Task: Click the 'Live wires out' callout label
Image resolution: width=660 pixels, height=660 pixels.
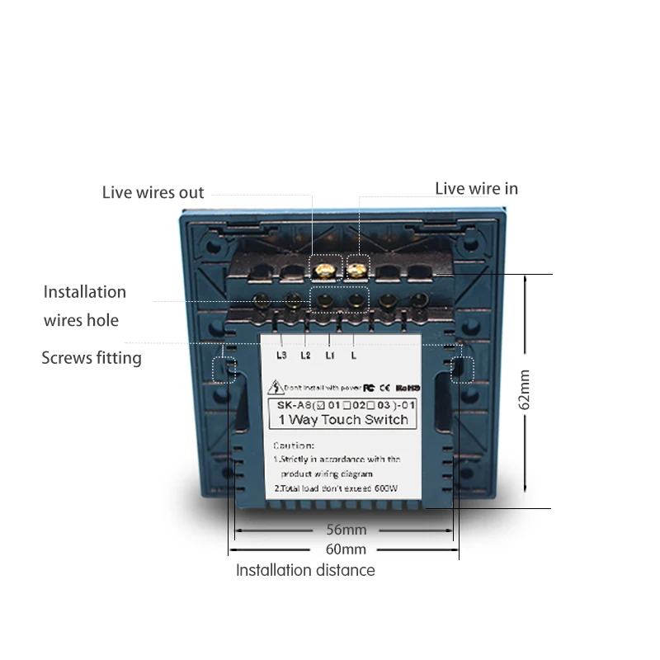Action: click(x=153, y=192)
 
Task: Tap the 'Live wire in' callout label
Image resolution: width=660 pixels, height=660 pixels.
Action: click(x=476, y=188)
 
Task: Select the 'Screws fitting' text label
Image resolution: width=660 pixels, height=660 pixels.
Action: click(x=92, y=357)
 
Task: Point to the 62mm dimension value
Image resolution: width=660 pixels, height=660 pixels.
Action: click(x=525, y=390)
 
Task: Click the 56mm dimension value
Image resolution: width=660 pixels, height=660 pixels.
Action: click(x=346, y=530)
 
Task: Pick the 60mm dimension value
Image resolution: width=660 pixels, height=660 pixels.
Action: click(x=346, y=549)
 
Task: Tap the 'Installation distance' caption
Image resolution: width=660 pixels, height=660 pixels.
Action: click(x=305, y=570)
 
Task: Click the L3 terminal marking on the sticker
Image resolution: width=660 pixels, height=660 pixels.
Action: click(x=282, y=356)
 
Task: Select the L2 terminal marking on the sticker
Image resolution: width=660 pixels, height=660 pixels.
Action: click(x=305, y=356)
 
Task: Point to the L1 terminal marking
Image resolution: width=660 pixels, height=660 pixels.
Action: click(x=329, y=356)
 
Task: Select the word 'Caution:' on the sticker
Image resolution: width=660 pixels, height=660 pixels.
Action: click(x=294, y=445)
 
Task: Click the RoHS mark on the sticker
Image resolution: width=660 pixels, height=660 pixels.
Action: click(x=408, y=385)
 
